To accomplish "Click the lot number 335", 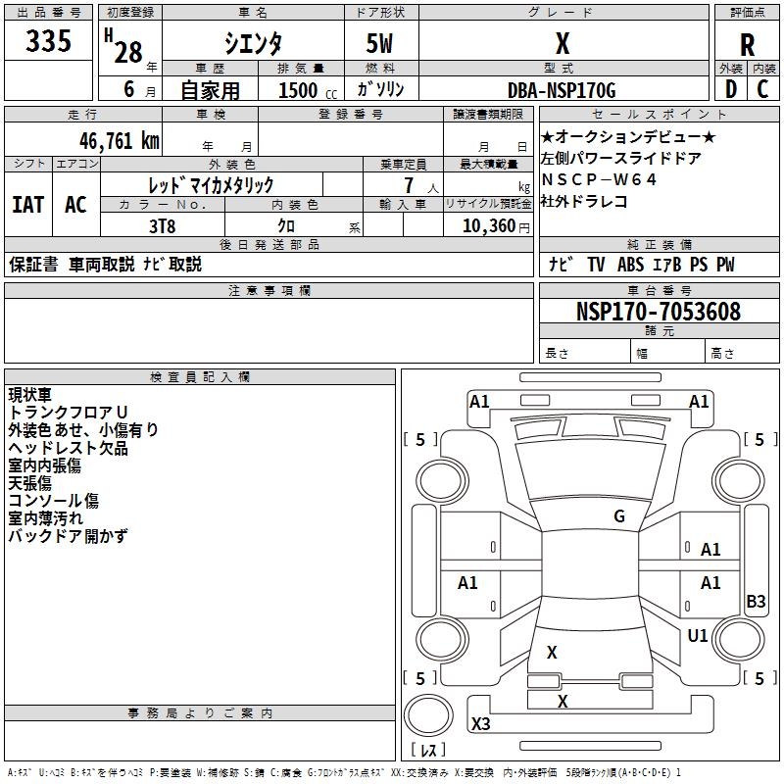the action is coord(49,42).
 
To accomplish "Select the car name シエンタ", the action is coord(252,43).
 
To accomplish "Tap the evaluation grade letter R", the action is coord(747,45).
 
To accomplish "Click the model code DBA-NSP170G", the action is coord(562,90).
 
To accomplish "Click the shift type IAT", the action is coord(28,205).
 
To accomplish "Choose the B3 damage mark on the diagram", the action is coord(756,602).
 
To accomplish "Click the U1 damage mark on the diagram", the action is coord(698,636).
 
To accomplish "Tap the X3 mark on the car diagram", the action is coord(481,724).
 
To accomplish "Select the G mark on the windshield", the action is coord(618,516).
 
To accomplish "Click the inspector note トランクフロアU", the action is coord(68,412).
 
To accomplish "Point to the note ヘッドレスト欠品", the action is coord(68,447).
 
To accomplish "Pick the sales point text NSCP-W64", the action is coord(599,179).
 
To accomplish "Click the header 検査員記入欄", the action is coord(200,377).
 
